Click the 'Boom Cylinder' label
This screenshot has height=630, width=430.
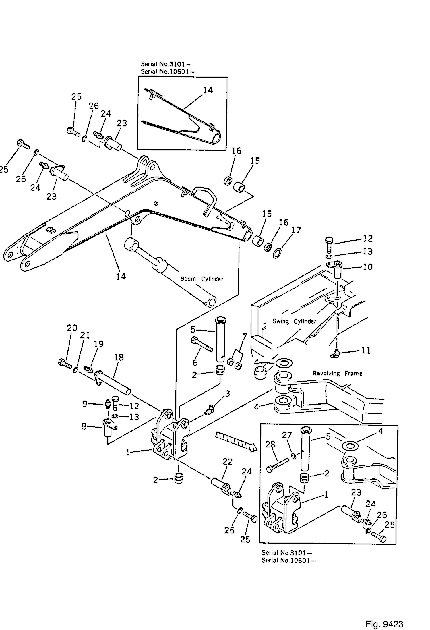pos(202,279)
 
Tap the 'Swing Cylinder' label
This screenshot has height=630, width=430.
pos(294,321)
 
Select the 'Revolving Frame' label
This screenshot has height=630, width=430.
pos(337,373)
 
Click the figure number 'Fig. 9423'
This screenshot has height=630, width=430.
pos(384,616)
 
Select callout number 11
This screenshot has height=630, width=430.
pos(365,350)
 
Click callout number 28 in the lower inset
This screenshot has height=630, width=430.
pos(270,444)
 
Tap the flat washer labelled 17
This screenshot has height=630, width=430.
pos(277,254)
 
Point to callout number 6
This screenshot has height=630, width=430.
pos(195,363)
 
